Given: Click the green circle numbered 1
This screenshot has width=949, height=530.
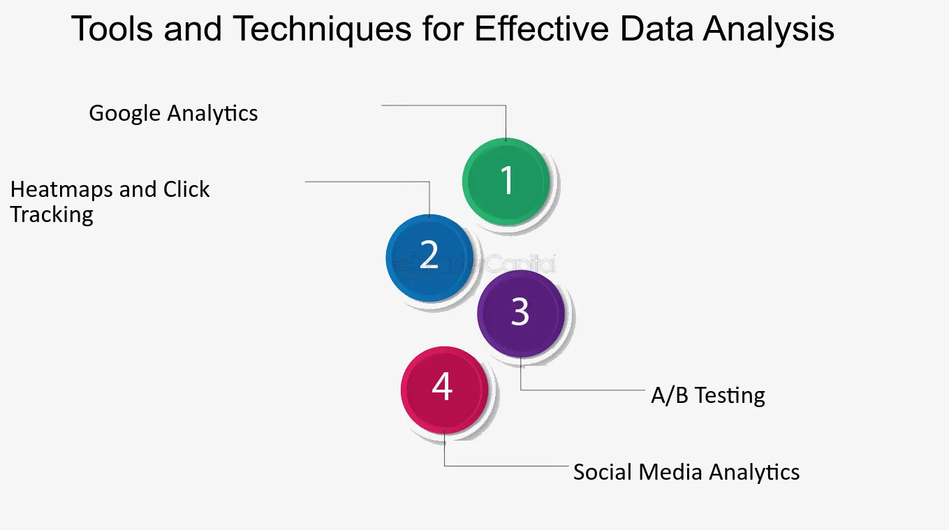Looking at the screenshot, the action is [506, 182].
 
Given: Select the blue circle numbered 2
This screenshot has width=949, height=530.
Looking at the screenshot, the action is [429, 258].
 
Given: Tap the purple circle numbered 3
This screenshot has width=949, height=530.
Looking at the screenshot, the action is [521, 314].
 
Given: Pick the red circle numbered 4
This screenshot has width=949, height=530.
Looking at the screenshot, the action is [444, 390].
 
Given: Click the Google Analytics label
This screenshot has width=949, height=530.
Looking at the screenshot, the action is [173, 114].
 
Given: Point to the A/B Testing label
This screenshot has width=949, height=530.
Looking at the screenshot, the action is [708, 396].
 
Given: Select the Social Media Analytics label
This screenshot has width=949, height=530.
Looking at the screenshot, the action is [686, 472].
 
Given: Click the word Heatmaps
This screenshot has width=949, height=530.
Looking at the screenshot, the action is [62, 190].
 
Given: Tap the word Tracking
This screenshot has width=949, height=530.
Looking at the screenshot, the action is [52, 214].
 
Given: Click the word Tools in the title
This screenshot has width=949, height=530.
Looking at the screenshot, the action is [112, 29].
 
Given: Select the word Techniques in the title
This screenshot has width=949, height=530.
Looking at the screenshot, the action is [322, 29].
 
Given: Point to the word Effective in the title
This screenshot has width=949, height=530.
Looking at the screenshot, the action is [542, 29].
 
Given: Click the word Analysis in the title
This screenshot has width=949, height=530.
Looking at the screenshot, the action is [769, 29].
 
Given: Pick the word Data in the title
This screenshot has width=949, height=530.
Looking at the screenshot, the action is [656, 29].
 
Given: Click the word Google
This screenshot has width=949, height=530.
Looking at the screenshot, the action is [124, 114].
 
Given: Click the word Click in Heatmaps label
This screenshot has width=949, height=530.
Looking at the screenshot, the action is [186, 189].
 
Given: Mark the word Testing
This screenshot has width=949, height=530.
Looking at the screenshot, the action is [730, 396].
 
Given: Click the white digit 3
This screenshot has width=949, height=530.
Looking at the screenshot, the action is [520, 311].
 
